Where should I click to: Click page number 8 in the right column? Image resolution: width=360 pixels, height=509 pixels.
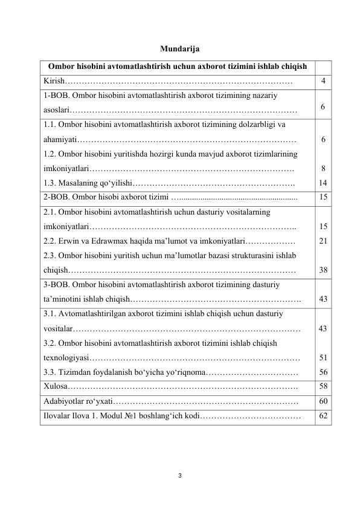[324, 168]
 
